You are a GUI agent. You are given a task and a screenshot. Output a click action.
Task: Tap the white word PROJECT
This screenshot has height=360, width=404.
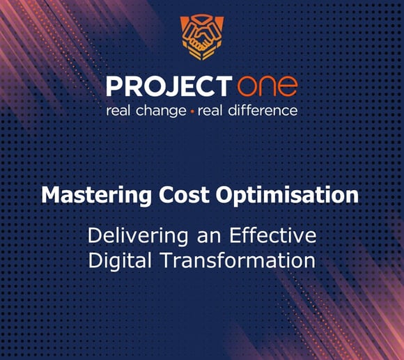coord(168,87)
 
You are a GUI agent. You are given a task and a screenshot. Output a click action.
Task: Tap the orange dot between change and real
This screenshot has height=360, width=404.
coord(192,111)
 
